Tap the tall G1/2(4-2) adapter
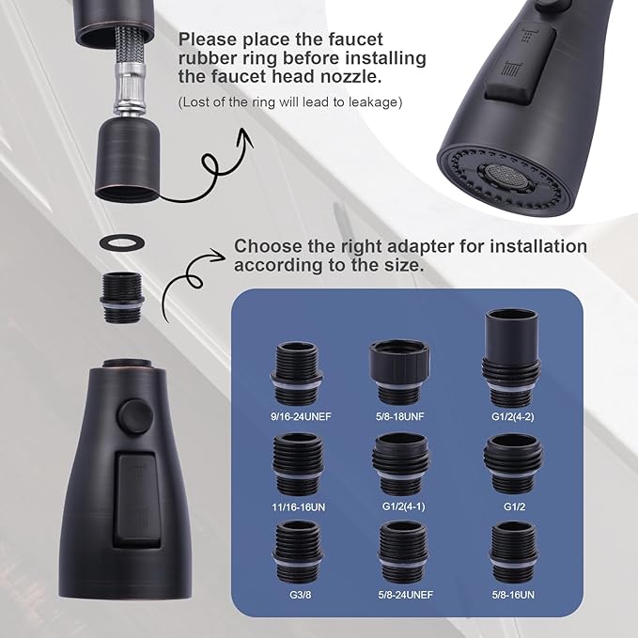(x=512, y=353)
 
